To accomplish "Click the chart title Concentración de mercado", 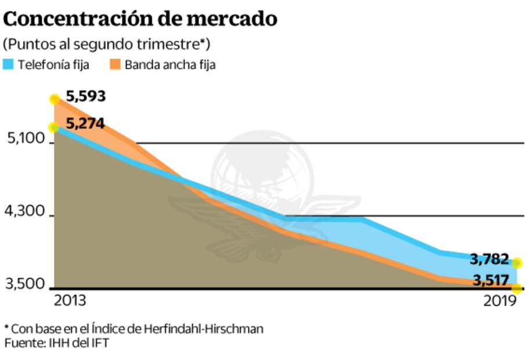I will coord(140,19).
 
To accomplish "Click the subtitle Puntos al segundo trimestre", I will coord(107,44).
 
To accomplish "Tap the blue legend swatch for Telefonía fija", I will coord(9,64).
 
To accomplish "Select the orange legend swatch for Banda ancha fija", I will coord(114,64).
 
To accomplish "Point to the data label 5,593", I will coord(86,96).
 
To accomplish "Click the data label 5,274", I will coord(85,124).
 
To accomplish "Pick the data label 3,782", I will coord(490,259).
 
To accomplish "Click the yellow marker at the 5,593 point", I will coord(55,99).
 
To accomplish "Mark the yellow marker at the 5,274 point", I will coord(55,128).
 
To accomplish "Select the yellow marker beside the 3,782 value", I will coord(517,263).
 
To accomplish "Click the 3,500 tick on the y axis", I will coord(24,285).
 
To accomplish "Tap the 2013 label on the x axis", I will coord(70,301).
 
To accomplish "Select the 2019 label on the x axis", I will coord(500,301).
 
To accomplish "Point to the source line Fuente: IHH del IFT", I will coord(56,343).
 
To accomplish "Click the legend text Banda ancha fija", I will coord(170,65).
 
